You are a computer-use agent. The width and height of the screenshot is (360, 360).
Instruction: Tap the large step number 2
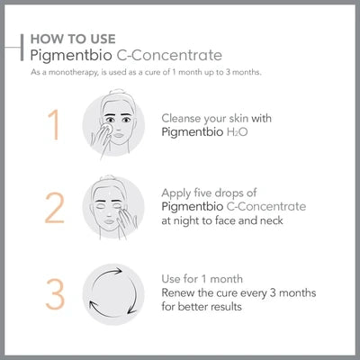coord(54,208)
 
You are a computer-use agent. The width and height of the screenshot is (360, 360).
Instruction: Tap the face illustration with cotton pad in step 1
coord(113,128)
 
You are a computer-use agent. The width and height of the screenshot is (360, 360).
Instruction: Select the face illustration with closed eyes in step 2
coord(113,208)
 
